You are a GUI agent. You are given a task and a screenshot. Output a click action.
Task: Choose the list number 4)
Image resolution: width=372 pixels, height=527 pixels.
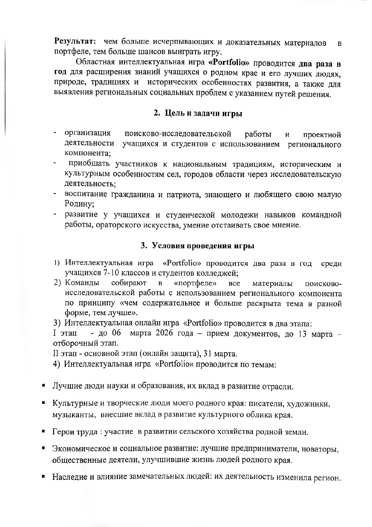coord(57,364)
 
